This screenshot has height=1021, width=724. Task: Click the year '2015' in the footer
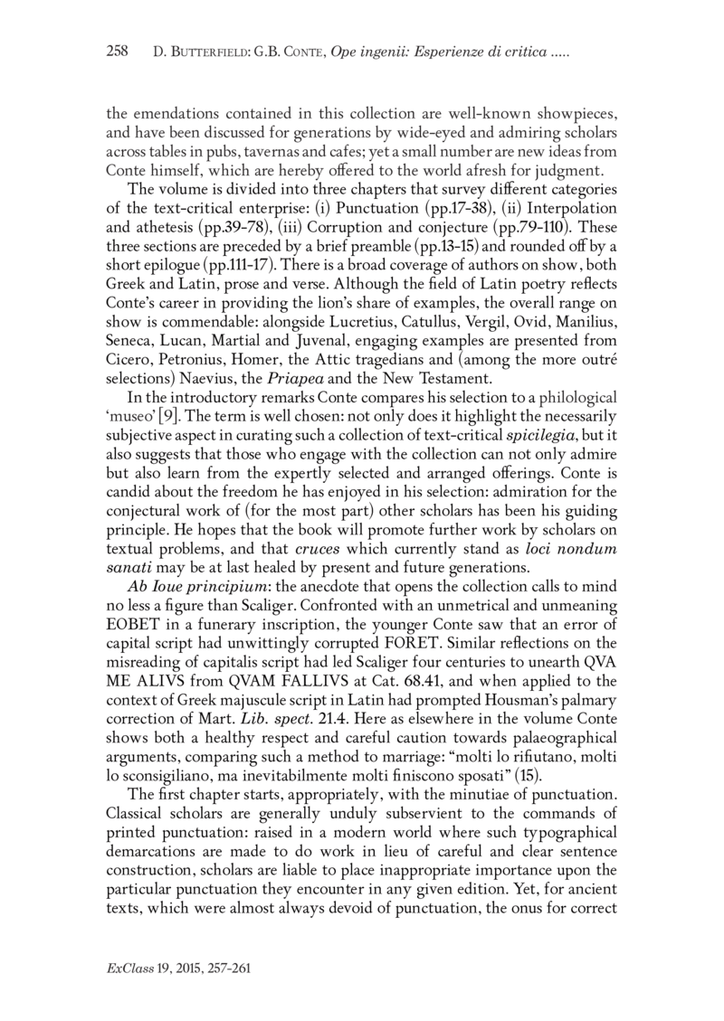tap(193, 969)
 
